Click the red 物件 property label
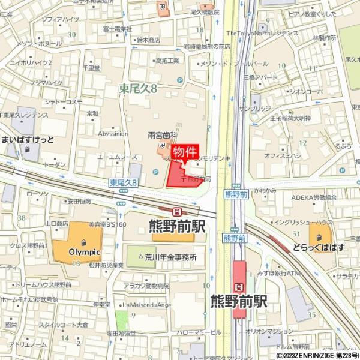coord(185,152)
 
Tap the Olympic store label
coord(76,251)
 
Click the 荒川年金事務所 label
coord(170,257)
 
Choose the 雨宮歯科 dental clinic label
coord(162,136)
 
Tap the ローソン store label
coord(37,194)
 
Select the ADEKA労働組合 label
coord(314,197)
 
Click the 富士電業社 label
coord(118,28)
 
